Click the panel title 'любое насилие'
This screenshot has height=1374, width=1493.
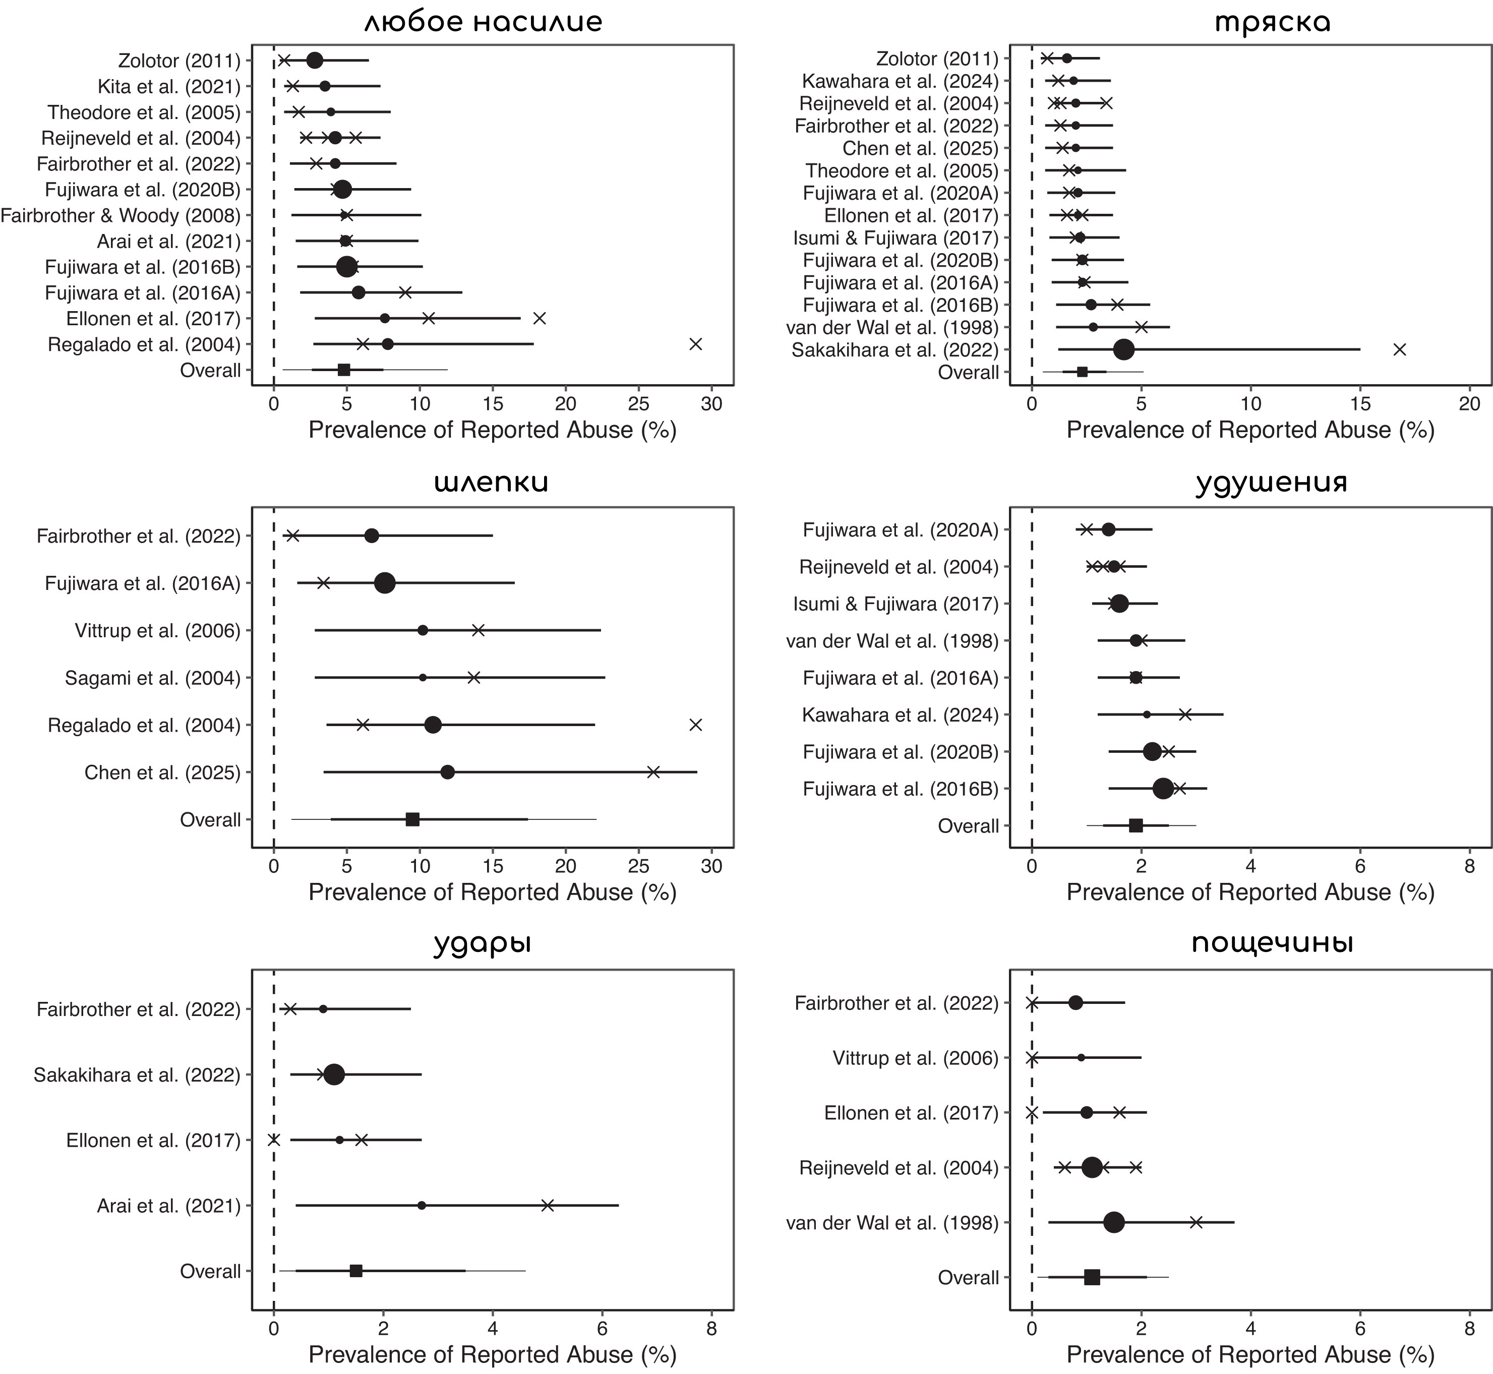click(483, 22)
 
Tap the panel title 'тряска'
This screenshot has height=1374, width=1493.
click(1272, 22)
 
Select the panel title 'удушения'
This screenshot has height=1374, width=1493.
click(1272, 483)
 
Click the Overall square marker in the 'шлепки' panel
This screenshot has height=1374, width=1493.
click(412, 819)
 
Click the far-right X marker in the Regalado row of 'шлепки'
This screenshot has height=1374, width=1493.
click(695, 725)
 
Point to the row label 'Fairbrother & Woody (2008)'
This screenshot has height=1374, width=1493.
click(121, 216)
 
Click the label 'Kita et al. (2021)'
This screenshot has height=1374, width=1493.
click(169, 87)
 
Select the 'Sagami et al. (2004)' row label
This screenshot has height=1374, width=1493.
click(152, 678)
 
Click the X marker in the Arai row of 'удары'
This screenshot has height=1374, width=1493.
click(547, 1205)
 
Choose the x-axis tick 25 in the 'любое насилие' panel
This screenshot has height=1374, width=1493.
click(639, 404)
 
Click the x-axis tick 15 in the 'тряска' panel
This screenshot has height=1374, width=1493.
click(1360, 404)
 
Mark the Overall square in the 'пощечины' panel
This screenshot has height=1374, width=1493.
click(1092, 1277)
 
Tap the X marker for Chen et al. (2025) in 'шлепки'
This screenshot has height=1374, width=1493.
click(653, 772)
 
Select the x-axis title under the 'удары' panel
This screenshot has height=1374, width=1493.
click(492, 1355)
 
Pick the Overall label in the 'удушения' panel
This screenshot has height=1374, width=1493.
click(968, 826)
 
